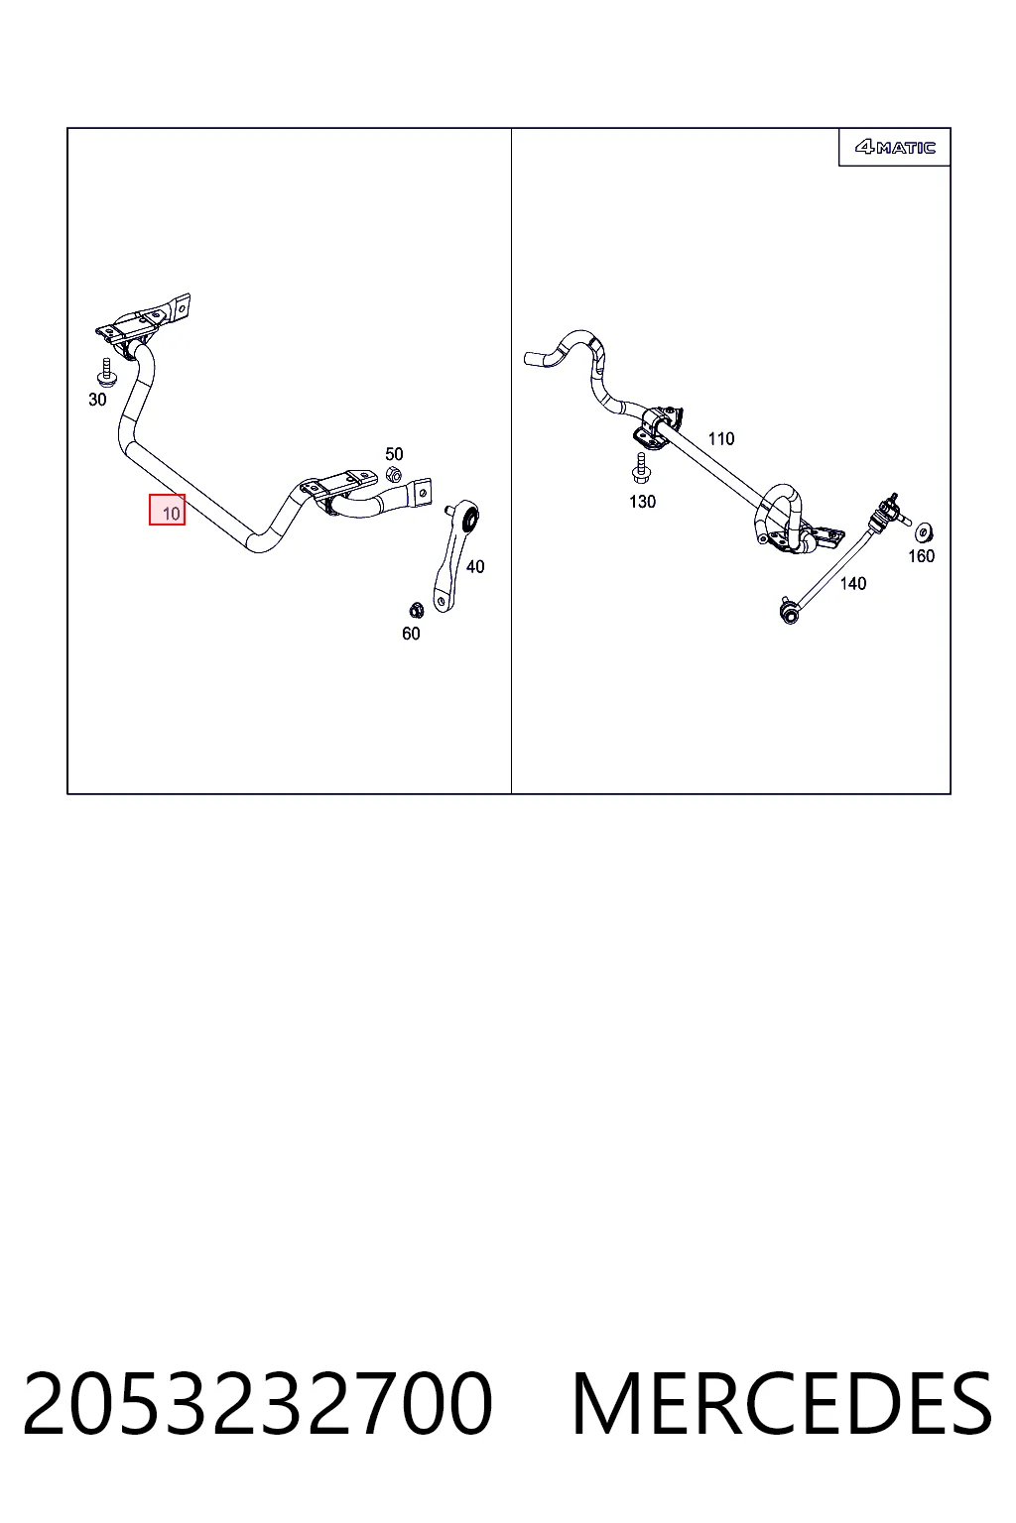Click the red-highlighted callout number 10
[x=168, y=510]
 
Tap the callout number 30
[x=97, y=400]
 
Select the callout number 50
[x=394, y=453]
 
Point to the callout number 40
[x=475, y=566]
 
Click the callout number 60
[x=411, y=634]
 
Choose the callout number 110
[x=721, y=439]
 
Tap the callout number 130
[x=642, y=502]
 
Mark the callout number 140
[x=853, y=583]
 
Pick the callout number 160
[x=922, y=556]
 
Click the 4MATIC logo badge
[x=895, y=147]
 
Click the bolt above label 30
[x=106, y=372]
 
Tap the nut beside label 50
[x=393, y=474]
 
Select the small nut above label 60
[x=417, y=610]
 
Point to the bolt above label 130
[x=640, y=468]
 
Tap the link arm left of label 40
[x=454, y=554]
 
